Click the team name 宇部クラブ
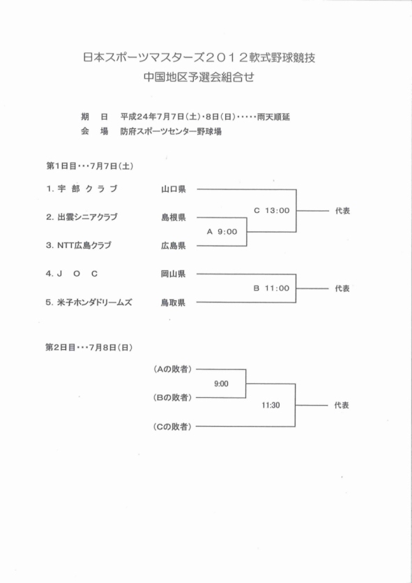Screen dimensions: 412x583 pyautogui.click(x=88, y=189)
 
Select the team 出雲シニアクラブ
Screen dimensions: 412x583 pyautogui.click(x=88, y=217)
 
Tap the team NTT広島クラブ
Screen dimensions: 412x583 pyautogui.click(x=84, y=245)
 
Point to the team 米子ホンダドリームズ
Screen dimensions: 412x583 pyautogui.click(x=95, y=302)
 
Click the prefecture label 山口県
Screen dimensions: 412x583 pyautogui.click(x=174, y=189)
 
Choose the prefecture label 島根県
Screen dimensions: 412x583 pyautogui.click(x=174, y=218)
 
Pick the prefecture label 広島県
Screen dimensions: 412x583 pyautogui.click(x=174, y=246)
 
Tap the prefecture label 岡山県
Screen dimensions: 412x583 pyautogui.click(x=173, y=274)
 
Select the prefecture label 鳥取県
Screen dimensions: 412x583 pyautogui.click(x=173, y=302)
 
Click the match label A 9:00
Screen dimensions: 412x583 pyautogui.click(x=222, y=232)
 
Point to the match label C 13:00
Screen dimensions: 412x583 pyautogui.click(x=272, y=210)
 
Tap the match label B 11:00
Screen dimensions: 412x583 pyautogui.click(x=271, y=288)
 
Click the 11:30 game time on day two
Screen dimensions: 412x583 pyautogui.click(x=270, y=405)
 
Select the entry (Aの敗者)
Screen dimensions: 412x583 pyautogui.click(x=173, y=369)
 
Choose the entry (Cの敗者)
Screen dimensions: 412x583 pyautogui.click(x=173, y=427)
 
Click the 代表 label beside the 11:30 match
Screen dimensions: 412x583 pyautogui.click(x=342, y=405)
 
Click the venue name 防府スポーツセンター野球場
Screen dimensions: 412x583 pyautogui.click(x=171, y=132)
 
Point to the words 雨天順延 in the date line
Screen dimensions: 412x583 pyautogui.click(x=273, y=117)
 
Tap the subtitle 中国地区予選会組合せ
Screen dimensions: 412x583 pyautogui.click(x=199, y=77)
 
